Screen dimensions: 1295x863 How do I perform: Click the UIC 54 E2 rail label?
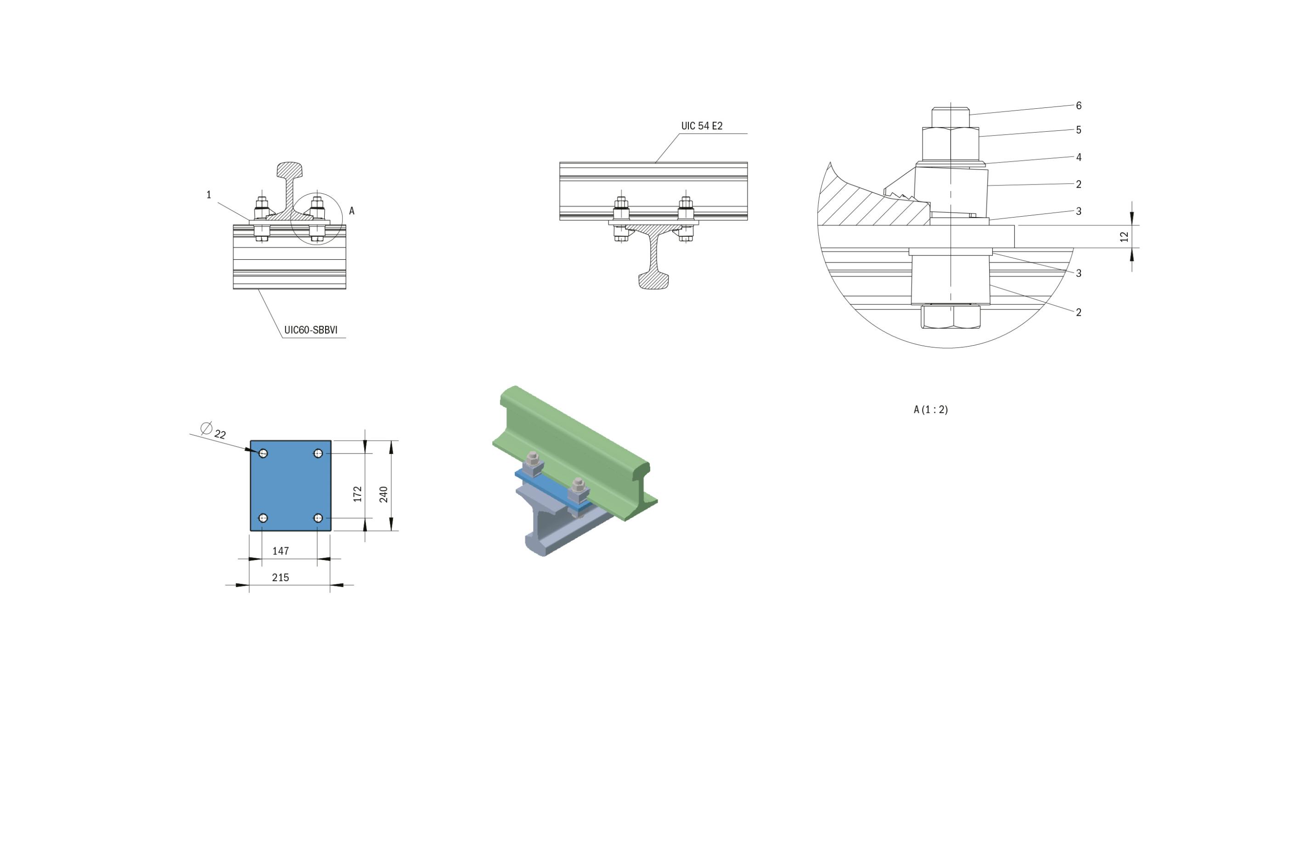[x=702, y=126]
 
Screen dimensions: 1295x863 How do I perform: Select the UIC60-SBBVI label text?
[x=310, y=330]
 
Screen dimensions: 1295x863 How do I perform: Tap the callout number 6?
[x=1079, y=106]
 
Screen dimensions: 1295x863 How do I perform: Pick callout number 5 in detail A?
[x=1079, y=130]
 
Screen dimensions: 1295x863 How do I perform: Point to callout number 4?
[x=1079, y=157]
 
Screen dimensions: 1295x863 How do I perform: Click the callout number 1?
[x=208, y=195]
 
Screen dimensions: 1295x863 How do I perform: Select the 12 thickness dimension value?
[x=1124, y=237]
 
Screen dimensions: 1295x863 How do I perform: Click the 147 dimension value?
[x=280, y=551]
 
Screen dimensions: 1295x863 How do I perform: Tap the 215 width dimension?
[x=280, y=577]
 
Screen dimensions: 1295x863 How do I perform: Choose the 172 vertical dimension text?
[x=358, y=493]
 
